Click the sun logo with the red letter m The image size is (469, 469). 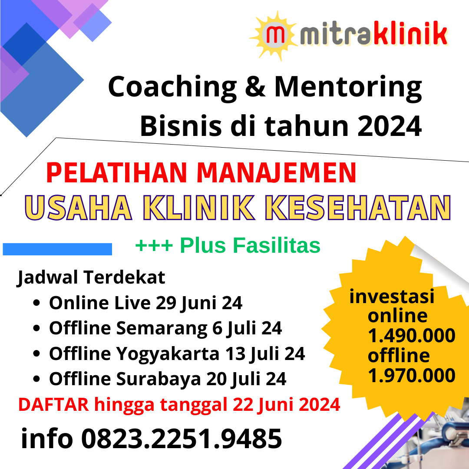pos(273,36)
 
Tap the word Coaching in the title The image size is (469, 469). pos(172,87)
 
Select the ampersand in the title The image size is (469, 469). pos(255,86)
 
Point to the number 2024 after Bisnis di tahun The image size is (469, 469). pos(390,126)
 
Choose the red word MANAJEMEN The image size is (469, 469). pos(276,172)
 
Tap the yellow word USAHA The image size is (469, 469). pos(78,207)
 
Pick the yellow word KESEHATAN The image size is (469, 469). pos(358,207)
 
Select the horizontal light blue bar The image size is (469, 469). pos(57,249)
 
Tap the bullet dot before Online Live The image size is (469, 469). pos(36,303)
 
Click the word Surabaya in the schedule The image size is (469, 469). pos(158,379)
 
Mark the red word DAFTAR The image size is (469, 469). pos(53,405)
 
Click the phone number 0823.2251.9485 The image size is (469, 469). pos(182,439)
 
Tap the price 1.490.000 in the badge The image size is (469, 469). pos(411,336)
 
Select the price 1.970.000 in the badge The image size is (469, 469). pos(411,375)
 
